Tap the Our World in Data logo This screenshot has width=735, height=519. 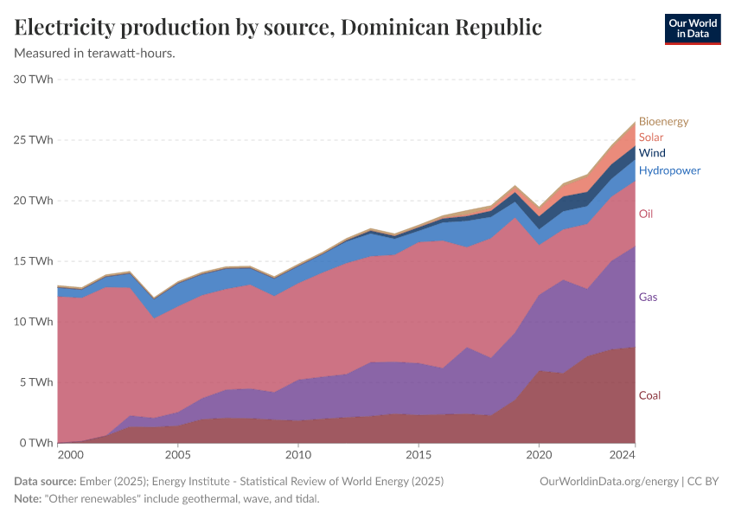point(692,29)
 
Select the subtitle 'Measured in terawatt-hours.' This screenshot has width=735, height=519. point(95,54)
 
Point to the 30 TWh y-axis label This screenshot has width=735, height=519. point(34,80)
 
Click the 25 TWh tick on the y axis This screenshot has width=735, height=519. point(34,140)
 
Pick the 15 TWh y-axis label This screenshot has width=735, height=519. point(34,261)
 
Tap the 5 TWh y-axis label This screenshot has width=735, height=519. point(37,382)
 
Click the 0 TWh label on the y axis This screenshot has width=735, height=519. point(37,443)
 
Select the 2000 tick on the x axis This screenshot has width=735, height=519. point(70,454)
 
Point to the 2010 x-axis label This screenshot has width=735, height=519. point(298,454)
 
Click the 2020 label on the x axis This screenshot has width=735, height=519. point(539,454)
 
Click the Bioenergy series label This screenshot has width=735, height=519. point(663,122)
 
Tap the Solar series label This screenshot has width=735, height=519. point(651,138)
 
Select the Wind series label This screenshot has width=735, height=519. point(652,153)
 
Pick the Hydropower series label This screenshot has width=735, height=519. point(669,170)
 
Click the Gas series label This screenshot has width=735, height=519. point(649,297)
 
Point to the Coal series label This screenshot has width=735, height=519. point(649,395)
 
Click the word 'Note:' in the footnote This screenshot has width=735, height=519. point(30,499)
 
